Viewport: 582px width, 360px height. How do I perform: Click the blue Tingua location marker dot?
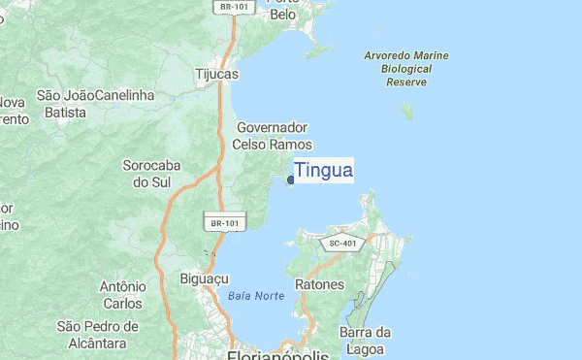(291, 180)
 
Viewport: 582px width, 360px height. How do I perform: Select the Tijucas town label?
(216, 74)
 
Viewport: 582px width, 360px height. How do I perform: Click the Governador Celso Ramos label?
(272, 136)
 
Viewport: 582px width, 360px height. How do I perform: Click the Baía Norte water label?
(256, 296)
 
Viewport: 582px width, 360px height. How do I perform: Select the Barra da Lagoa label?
(365, 341)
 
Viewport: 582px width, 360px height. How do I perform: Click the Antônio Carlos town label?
(122, 295)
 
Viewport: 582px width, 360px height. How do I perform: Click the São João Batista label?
(66, 104)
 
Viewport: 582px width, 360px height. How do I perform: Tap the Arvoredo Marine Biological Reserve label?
(406, 69)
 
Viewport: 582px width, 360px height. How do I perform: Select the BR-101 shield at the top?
(230, 6)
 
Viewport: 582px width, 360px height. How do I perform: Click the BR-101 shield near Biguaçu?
(224, 223)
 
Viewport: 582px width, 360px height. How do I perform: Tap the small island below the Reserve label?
(408, 112)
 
